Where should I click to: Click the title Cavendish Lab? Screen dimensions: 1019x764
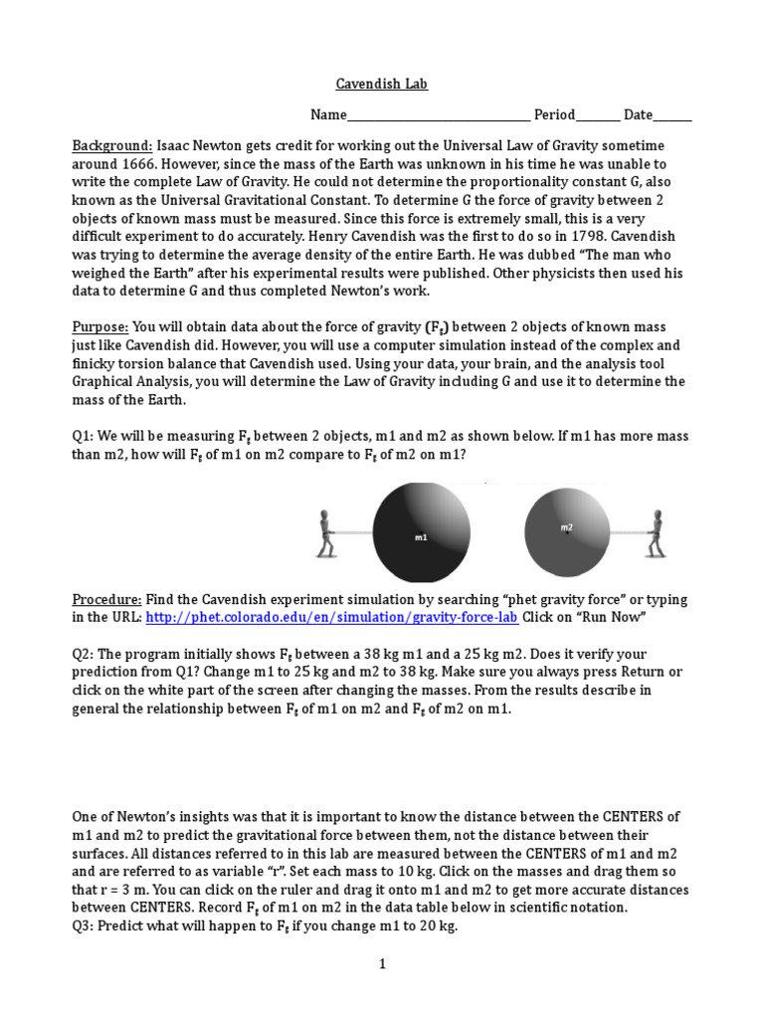(x=381, y=85)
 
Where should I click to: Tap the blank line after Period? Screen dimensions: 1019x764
(x=597, y=116)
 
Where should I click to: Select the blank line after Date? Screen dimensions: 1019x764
(x=672, y=116)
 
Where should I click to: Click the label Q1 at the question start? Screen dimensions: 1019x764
(x=83, y=437)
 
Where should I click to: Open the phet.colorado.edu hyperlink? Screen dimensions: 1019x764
(x=331, y=618)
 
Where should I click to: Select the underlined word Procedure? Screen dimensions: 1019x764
(x=107, y=600)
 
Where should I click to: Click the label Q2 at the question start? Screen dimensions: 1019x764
(x=83, y=655)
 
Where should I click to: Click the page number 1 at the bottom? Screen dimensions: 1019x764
(x=381, y=963)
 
